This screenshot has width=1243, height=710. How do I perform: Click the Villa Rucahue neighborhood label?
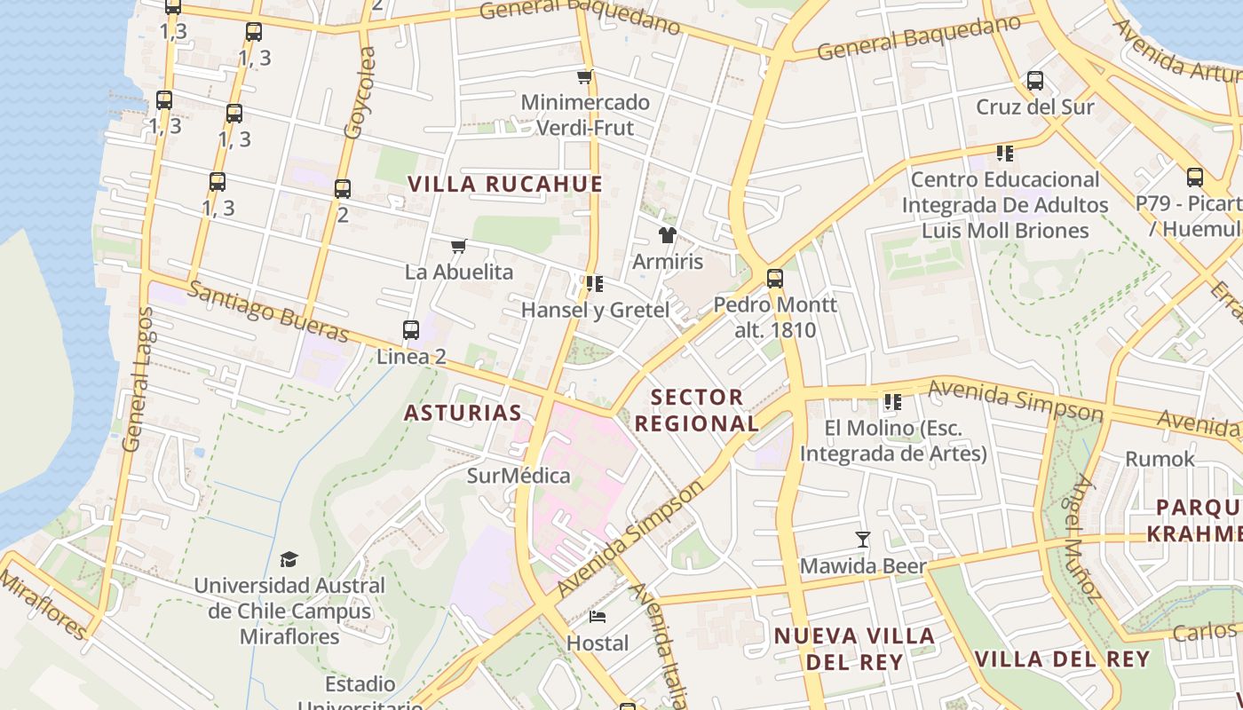(504, 185)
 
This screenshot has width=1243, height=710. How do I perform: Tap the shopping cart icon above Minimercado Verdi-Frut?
(584, 77)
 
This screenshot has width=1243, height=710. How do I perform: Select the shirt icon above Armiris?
(667, 235)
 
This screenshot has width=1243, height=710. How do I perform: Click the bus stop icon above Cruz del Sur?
(1034, 81)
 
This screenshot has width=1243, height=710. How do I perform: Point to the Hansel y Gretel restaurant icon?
(594, 284)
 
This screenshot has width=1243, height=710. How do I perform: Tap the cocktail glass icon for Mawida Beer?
(862, 540)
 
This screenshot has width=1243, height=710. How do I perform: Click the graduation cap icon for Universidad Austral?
(289, 559)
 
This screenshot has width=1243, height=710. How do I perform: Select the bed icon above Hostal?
(598, 616)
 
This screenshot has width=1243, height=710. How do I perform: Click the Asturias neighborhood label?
(463, 413)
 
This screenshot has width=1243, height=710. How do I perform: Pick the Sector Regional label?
(697, 410)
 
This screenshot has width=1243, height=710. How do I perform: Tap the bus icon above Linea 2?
(410, 330)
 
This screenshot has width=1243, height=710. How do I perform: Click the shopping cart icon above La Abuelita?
(458, 246)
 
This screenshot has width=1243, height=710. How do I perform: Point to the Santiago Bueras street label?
(269, 312)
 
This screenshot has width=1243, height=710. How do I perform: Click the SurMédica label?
(519, 476)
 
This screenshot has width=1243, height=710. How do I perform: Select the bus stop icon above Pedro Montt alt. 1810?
(774, 279)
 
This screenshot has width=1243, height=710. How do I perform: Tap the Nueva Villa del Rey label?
(854, 649)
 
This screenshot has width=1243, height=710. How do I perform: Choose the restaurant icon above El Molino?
(892, 402)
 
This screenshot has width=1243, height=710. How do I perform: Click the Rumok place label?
(1160, 459)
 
